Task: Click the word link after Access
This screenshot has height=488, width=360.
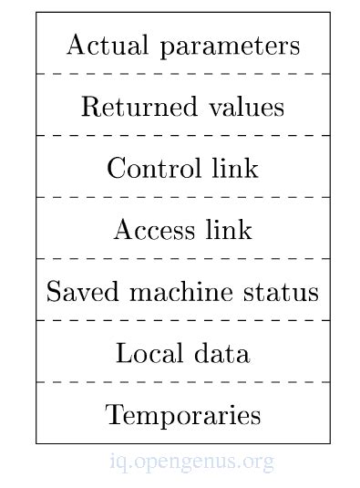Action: (229, 230)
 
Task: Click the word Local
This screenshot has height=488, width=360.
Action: (145, 353)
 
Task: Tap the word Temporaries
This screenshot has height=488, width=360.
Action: (183, 415)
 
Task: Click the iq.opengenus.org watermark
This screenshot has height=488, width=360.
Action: (190, 462)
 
